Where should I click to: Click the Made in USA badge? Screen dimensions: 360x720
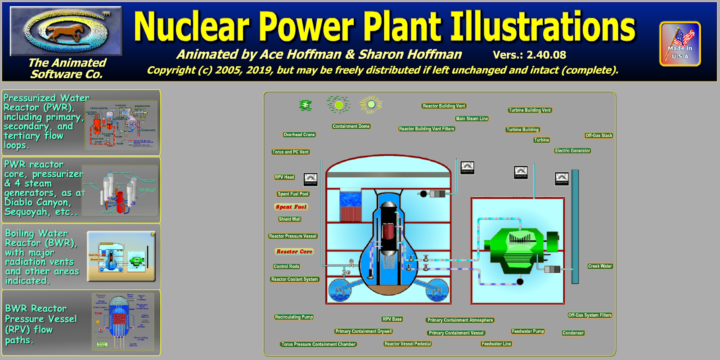(680, 44)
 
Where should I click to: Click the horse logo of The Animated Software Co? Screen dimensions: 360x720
(66, 31)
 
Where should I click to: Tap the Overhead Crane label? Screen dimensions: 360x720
(299, 135)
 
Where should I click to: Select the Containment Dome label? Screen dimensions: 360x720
(351, 126)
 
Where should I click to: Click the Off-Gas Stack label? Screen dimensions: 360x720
(598, 135)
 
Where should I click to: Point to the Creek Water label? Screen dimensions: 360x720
(600, 266)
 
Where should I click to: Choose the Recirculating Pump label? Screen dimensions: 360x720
(294, 317)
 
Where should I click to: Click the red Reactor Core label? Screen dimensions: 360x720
(294, 252)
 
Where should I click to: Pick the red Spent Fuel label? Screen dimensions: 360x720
(291, 207)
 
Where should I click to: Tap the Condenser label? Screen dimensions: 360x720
(573, 333)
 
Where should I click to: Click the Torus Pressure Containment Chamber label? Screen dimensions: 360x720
(318, 344)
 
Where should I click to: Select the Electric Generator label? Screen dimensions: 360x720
(572, 151)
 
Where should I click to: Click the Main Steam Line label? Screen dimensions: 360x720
(472, 119)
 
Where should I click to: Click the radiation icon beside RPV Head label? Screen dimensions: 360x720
(310, 179)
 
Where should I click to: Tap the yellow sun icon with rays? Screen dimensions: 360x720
(371, 104)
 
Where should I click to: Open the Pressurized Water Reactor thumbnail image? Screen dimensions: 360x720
(121, 125)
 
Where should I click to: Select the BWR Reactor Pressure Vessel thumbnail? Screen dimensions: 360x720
(123, 322)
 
